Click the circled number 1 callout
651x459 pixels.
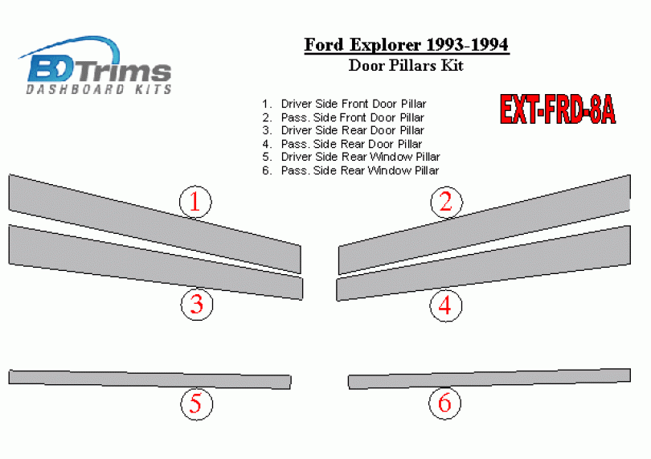pos(195,202)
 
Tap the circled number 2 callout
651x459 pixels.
pos(446,203)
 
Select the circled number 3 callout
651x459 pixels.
pos(197,304)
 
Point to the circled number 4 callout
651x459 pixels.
pos(445,305)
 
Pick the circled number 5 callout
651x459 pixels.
pos(196,404)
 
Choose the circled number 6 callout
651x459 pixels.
pos(445,403)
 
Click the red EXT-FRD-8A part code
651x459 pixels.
pos(558,109)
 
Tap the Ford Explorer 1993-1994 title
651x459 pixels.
pos(407,45)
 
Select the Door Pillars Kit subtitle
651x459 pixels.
pos(406,66)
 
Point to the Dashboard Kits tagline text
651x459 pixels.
pos(99,89)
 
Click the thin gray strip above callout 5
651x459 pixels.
pos(149,379)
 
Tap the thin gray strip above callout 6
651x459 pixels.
pos(489,379)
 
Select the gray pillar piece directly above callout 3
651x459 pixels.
pos(156,262)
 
